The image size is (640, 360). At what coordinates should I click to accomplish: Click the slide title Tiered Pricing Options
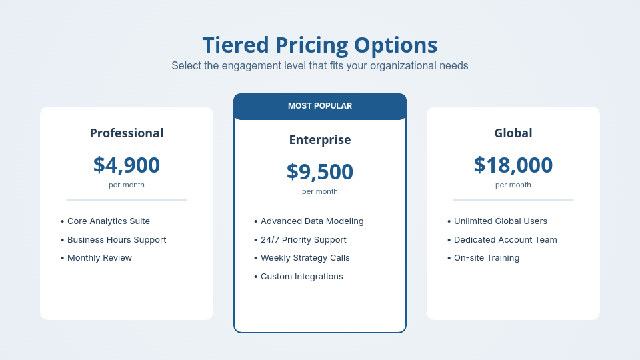point(320,45)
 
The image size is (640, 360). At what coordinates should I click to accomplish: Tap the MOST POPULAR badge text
point(320,106)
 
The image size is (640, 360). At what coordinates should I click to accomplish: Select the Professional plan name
point(127,133)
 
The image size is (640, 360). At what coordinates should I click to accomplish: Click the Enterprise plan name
point(320,140)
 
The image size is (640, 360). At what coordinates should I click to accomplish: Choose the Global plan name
point(513,133)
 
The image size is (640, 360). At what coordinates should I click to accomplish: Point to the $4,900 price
point(127,165)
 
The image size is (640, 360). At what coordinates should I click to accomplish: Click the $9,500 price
point(320,171)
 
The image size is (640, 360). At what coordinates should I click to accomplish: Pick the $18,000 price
point(513,165)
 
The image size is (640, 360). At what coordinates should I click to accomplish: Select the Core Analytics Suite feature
point(109,221)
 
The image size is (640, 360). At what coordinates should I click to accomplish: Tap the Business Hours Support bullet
point(117,240)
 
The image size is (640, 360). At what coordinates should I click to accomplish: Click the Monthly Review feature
point(99,258)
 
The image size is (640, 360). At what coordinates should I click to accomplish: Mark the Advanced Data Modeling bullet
point(312,221)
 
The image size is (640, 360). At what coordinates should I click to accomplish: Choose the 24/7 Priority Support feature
point(303,240)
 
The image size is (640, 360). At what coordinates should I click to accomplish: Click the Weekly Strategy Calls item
point(305,258)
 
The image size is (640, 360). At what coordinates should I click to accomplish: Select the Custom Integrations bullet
point(302,277)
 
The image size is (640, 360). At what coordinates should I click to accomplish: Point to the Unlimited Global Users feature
point(501,221)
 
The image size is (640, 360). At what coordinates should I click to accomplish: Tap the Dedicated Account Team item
point(505,240)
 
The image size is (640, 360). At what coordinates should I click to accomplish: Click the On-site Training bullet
point(487,258)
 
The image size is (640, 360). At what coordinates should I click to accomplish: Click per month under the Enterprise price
point(320,191)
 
